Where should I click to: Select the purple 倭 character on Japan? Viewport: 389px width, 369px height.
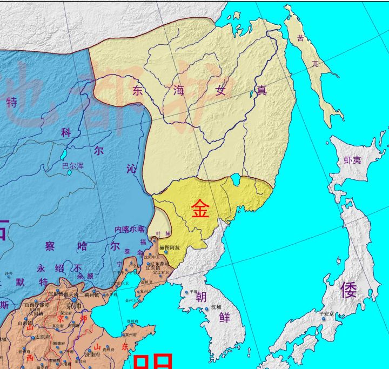tap(348, 290)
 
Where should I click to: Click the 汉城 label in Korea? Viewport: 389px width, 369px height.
tap(216, 307)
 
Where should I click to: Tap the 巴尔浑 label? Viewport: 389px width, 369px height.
tap(73, 166)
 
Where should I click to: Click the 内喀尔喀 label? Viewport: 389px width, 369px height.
tap(130, 230)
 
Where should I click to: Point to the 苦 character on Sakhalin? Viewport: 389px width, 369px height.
tap(301, 38)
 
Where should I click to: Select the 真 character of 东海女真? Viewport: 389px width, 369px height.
tap(261, 91)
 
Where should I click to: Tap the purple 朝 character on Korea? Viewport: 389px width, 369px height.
tap(201, 297)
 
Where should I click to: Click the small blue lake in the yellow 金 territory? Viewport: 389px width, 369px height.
tap(235, 179)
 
